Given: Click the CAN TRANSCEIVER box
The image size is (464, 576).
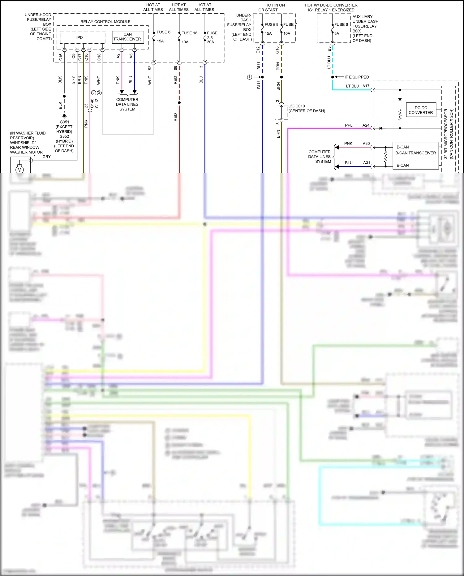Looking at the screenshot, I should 127,37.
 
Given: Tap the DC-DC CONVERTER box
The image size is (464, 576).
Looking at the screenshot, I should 421,110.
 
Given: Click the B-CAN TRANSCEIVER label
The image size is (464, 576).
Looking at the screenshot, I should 415,153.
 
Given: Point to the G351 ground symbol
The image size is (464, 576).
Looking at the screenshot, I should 64,116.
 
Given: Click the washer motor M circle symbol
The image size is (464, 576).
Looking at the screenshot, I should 19,170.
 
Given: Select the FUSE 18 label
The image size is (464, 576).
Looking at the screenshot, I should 189,33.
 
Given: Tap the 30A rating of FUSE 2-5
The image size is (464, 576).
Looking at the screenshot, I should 210,42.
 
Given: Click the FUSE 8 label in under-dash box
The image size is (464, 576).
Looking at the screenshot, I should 271,24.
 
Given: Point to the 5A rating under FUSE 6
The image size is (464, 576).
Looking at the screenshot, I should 337,33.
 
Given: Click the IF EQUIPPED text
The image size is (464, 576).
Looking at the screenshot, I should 357,77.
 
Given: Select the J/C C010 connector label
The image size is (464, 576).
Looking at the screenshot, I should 297,106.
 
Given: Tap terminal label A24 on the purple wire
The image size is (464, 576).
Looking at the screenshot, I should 366,125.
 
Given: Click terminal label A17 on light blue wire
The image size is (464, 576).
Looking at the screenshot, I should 366,86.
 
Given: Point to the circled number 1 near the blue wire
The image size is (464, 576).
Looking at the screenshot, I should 250,77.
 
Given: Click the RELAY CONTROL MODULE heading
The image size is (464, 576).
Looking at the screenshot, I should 105,22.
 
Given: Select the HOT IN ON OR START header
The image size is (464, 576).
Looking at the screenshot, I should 275,7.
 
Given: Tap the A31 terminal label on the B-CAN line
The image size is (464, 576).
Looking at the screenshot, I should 367,163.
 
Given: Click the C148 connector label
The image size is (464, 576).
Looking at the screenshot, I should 92,103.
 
